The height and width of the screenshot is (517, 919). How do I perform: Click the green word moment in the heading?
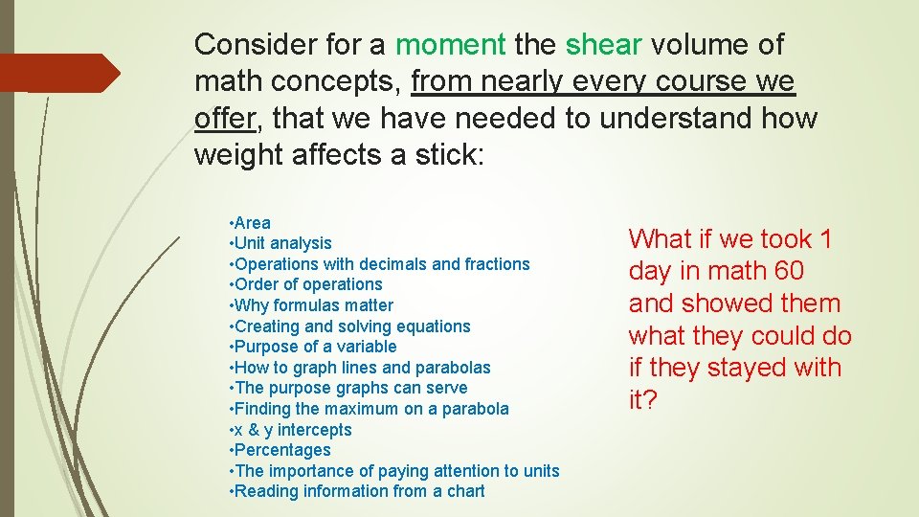[450, 44]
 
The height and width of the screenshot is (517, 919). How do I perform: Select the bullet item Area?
[251, 223]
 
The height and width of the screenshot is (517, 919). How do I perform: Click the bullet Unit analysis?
[281, 243]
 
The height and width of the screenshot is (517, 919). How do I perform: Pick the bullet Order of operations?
[306, 284]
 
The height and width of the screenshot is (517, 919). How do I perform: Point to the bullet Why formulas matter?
[312, 305]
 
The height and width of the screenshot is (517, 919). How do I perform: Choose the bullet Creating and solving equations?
[350, 326]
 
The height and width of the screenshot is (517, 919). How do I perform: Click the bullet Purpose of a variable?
[313, 347]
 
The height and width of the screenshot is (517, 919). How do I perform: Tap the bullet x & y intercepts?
[292, 430]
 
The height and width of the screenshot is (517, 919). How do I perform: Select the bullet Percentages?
[280, 450]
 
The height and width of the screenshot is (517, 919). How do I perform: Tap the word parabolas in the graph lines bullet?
[453, 368]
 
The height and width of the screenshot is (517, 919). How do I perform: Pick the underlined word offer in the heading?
[225, 119]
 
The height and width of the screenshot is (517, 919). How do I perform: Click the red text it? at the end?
[643, 400]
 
